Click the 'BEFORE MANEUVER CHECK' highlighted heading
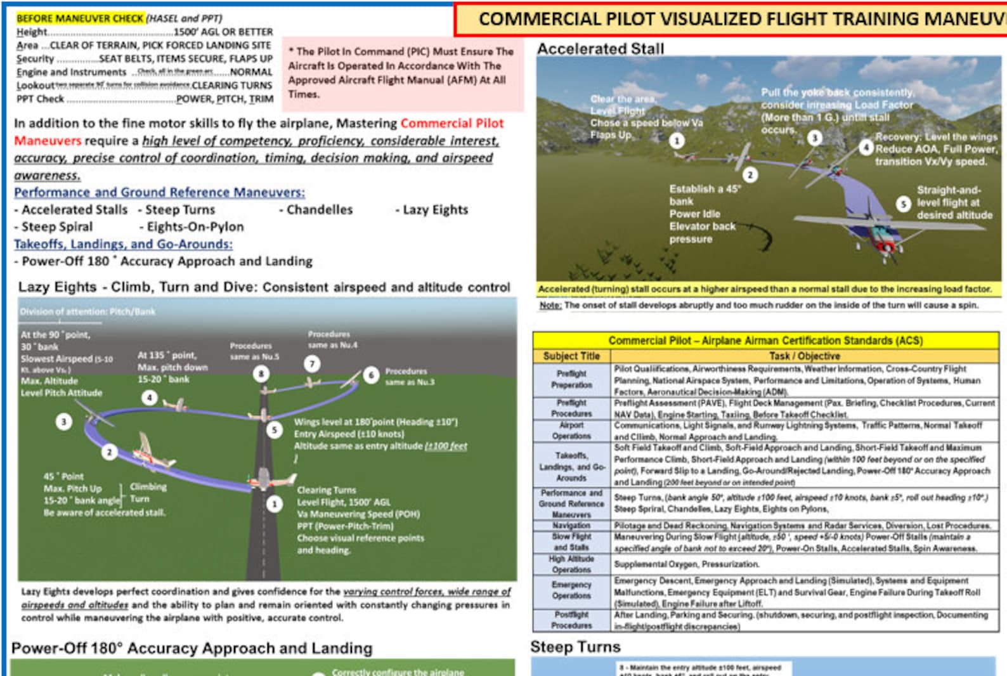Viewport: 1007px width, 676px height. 80,18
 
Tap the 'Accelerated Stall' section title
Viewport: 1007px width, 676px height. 601,49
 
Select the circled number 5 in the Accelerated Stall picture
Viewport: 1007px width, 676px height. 904,204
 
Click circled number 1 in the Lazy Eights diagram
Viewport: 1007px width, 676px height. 274,504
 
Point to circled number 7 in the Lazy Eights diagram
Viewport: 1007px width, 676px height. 311,363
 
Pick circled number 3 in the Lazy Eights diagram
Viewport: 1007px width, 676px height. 63,421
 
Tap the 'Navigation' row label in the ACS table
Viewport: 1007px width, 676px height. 571,525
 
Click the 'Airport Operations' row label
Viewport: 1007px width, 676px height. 571,431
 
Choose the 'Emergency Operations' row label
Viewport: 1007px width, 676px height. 571,590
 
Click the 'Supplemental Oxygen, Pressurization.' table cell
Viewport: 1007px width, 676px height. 686,564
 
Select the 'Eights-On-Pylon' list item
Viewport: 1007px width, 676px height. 195,227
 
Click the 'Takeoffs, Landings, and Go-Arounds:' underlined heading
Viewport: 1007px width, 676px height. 123,244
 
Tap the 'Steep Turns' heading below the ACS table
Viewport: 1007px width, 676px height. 575,647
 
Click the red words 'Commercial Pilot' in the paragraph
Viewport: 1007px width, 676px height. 452,123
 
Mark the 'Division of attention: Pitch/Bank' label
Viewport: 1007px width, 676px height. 88,311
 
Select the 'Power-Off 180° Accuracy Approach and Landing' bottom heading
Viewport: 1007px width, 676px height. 192,648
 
